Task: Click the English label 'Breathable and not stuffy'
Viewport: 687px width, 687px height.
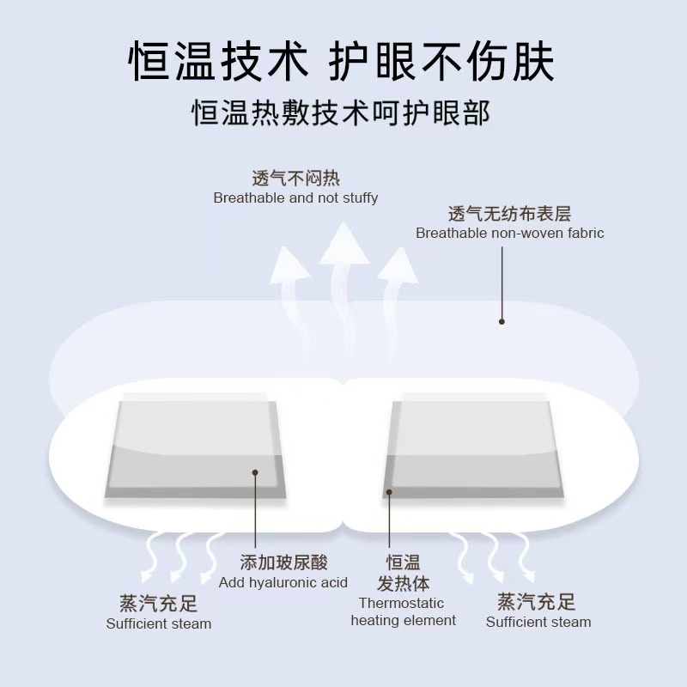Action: click(295, 198)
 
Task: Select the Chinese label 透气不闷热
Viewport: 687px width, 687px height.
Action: click(295, 179)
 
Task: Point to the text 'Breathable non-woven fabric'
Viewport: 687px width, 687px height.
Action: click(510, 233)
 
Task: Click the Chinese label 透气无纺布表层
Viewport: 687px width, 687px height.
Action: click(510, 213)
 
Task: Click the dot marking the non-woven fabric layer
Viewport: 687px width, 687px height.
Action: click(502, 322)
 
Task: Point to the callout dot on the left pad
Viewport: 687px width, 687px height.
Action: click(255, 471)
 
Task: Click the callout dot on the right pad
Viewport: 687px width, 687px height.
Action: click(388, 492)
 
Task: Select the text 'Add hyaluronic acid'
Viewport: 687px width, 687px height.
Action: click(283, 582)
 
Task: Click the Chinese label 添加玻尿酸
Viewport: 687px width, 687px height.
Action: click(283, 563)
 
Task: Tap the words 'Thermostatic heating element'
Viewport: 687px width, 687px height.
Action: click(403, 611)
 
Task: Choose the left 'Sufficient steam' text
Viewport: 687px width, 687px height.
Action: click(159, 623)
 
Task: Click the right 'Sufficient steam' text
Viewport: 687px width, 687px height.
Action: click(538, 622)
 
